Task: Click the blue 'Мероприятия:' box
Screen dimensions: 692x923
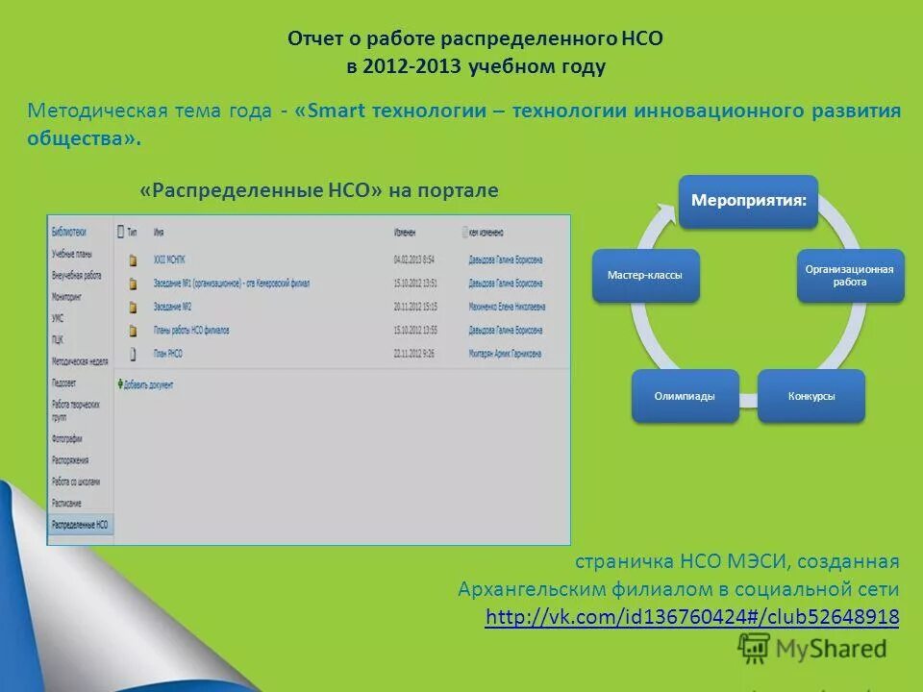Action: point(749,201)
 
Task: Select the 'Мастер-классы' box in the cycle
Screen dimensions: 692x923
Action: point(645,276)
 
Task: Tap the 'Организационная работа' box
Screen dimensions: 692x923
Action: point(850,276)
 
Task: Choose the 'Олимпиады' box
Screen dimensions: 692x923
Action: point(685,396)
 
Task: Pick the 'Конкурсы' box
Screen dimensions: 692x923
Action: point(811,396)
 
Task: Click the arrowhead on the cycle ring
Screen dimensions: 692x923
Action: point(664,211)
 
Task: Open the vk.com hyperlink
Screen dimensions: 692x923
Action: point(692,617)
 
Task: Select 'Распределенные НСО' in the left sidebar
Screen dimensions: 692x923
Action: point(80,526)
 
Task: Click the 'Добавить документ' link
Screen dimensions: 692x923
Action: point(149,384)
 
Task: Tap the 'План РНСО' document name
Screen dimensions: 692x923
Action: point(167,355)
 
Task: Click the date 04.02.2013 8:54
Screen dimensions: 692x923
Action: point(414,259)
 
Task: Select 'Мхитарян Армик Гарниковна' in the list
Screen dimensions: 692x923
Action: point(506,355)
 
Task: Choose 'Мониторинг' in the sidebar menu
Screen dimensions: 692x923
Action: point(67,297)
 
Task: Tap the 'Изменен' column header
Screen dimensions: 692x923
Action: point(405,233)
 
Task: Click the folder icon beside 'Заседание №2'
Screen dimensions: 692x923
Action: point(132,308)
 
